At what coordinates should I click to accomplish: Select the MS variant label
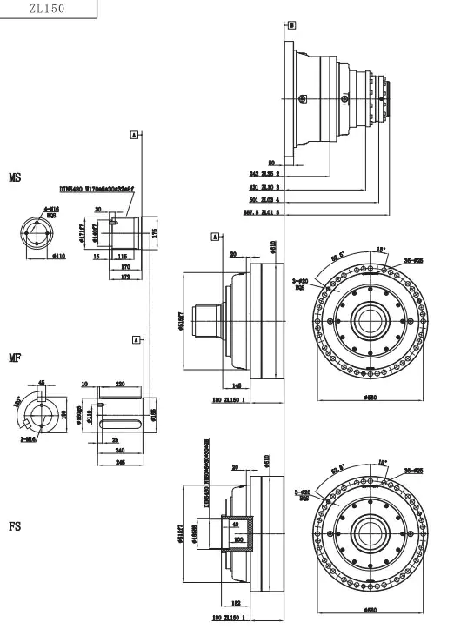point(15,177)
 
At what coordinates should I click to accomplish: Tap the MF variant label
point(15,358)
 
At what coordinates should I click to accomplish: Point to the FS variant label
point(15,526)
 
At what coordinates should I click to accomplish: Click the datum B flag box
point(291,25)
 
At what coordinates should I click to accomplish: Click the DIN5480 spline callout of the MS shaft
point(97,187)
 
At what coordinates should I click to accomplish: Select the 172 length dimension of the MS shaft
point(125,276)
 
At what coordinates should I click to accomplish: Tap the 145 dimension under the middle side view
point(237,386)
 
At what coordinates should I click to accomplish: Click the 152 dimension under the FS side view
point(237,601)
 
